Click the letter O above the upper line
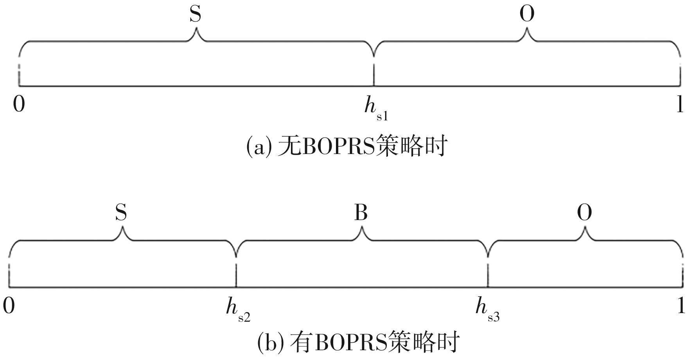click(x=527, y=14)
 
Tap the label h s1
click(x=376, y=108)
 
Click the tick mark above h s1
click(x=374, y=74)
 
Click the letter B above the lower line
click(x=361, y=213)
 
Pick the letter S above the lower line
click(x=121, y=213)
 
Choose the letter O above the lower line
click(x=584, y=213)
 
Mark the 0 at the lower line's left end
click(x=9, y=306)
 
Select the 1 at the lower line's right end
click(x=681, y=306)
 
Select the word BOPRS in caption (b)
click(x=350, y=342)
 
